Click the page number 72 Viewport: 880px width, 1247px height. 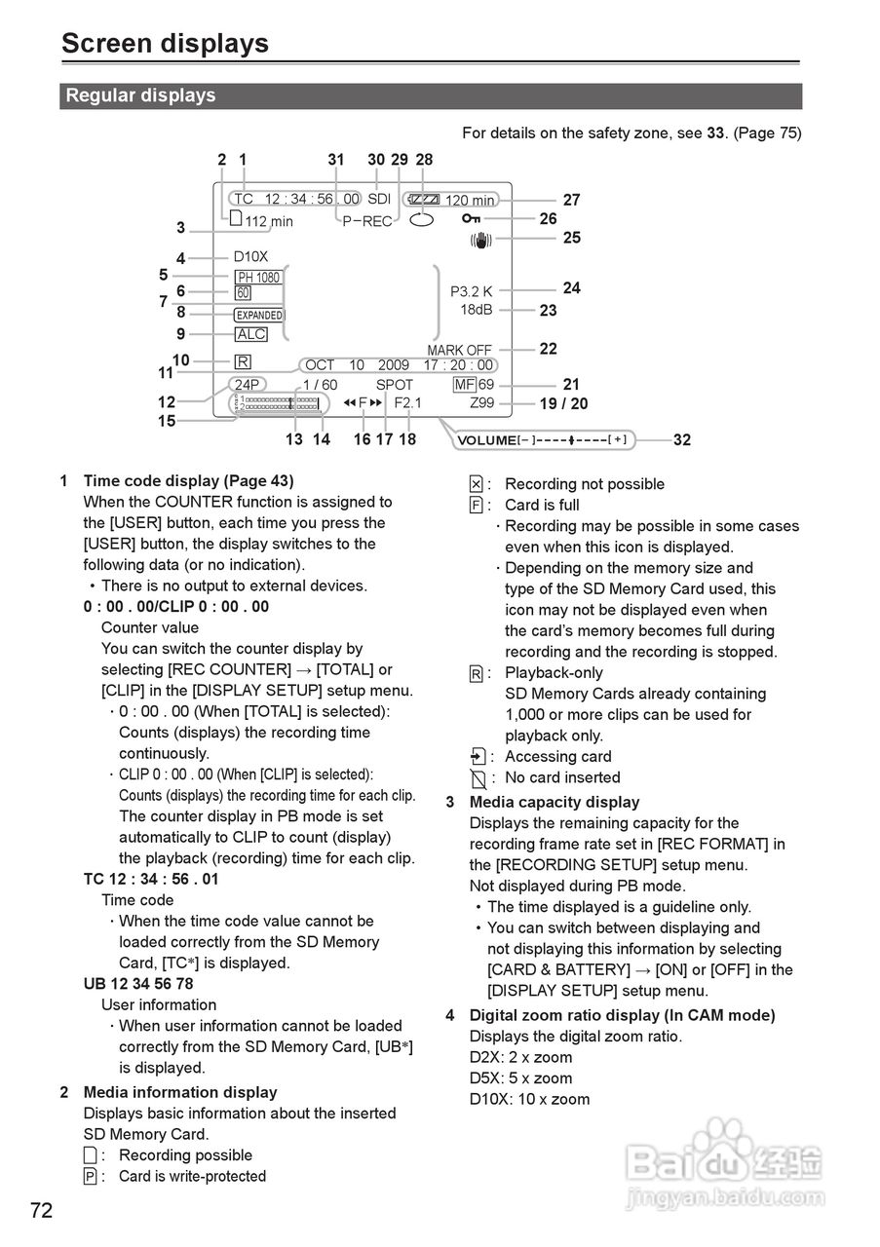41,1211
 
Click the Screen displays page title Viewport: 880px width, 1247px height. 165,44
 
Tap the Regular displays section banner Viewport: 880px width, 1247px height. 140,95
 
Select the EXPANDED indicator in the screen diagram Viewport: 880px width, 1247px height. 259,315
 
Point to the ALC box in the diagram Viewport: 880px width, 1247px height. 251,334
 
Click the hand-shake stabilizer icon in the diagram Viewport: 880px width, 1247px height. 479,239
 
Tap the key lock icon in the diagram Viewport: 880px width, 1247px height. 472,219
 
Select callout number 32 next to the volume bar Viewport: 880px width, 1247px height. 682,440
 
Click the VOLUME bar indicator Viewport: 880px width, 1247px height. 545,440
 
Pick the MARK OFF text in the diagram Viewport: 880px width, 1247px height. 459,350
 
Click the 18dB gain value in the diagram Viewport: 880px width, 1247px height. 477,310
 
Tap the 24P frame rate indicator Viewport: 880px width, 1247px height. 248,385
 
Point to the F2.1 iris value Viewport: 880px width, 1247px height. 408,402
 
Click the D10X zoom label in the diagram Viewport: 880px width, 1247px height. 250,257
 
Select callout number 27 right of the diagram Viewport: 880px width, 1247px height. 572,200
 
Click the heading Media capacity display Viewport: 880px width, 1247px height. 555,802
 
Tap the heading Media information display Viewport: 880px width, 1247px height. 180,1092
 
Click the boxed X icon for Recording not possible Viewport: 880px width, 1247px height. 476,484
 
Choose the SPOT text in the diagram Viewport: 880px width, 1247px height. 395,385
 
